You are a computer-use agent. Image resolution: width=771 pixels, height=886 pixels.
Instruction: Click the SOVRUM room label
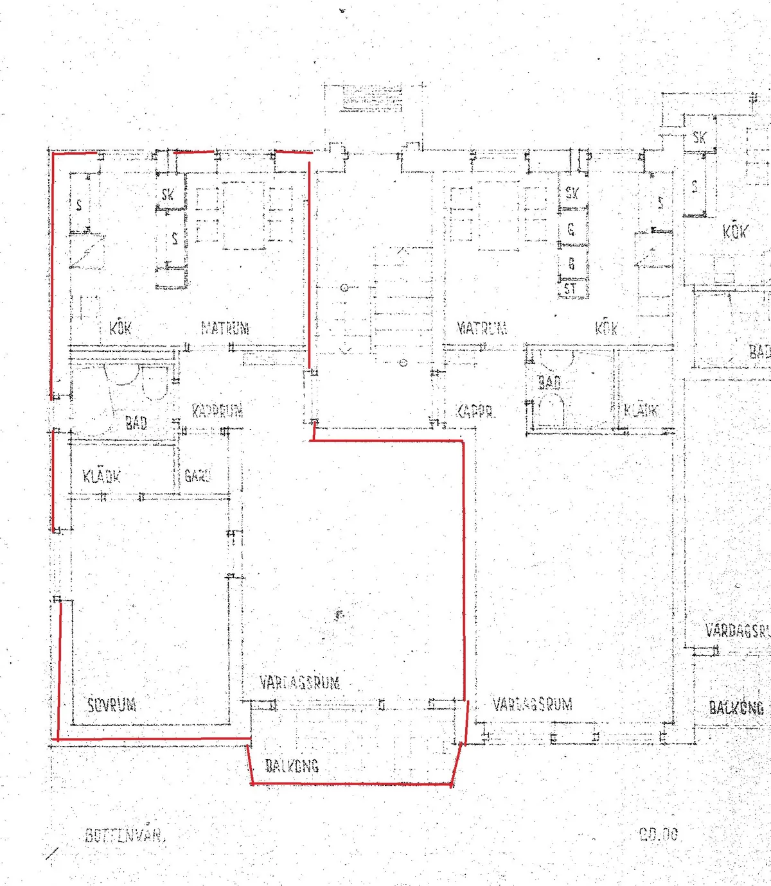pyautogui.click(x=112, y=704)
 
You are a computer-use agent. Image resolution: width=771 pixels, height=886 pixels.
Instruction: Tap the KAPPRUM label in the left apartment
pyautogui.click(x=217, y=411)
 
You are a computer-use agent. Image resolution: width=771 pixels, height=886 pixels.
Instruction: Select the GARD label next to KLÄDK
pyautogui.click(x=197, y=476)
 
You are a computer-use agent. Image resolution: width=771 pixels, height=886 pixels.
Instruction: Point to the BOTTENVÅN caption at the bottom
pyautogui.click(x=125, y=835)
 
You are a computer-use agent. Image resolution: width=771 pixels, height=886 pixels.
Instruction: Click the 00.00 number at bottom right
pyautogui.click(x=658, y=835)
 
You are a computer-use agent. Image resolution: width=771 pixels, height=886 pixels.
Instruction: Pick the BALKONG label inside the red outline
pyautogui.click(x=292, y=765)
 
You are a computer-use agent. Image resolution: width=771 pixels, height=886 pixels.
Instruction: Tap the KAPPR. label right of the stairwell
pyautogui.click(x=475, y=412)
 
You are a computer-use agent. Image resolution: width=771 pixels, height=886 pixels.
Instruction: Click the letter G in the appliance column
pyautogui.click(x=571, y=229)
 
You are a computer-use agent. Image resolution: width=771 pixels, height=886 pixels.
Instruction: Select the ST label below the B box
pyautogui.click(x=571, y=290)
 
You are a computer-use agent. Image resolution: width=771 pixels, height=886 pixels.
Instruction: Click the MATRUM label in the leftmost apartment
pyautogui.click(x=225, y=328)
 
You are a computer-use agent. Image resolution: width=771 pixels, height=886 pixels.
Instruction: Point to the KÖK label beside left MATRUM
pyautogui.click(x=120, y=328)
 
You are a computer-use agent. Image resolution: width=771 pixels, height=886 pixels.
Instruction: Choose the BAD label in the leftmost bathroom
pyautogui.click(x=136, y=422)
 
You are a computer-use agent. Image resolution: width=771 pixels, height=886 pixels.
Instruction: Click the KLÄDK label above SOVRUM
pyautogui.click(x=102, y=476)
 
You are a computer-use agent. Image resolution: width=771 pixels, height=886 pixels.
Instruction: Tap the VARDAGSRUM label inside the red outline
pyautogui.click(x=299, y=682)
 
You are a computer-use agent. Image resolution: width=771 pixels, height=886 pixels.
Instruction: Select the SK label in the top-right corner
pyautogui.click(x=699, y=137)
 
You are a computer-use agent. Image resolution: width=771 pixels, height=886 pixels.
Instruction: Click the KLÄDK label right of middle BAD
pyautogui.click(x=641, y=410)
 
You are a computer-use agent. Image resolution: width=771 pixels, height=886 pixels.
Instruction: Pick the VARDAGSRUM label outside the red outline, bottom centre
pyautogui.click(x=532, y=704)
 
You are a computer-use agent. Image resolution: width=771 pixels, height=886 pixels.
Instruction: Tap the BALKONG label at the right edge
pyautogui.click(x=737, y=708)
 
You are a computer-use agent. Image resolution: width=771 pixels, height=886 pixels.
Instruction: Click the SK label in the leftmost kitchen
pyautogui.click(x=168, y=194)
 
